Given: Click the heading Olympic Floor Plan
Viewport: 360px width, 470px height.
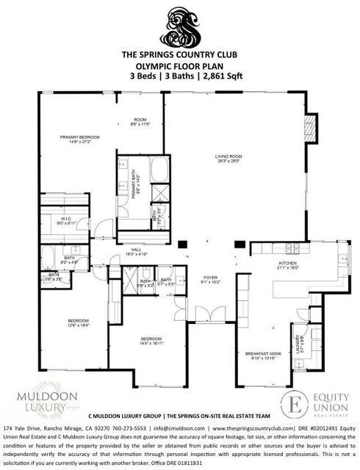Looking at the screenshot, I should tap(180, 64).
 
